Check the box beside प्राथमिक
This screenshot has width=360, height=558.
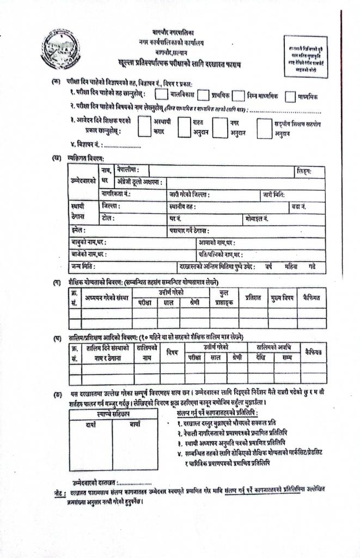(x=203, y=95)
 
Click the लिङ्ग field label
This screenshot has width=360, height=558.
(x=304, y=171)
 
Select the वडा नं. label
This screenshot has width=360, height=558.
(x=299, y=207)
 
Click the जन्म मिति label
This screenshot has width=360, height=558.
(x=83, y=266)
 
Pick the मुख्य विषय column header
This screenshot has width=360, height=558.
(x=282, y=298)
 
